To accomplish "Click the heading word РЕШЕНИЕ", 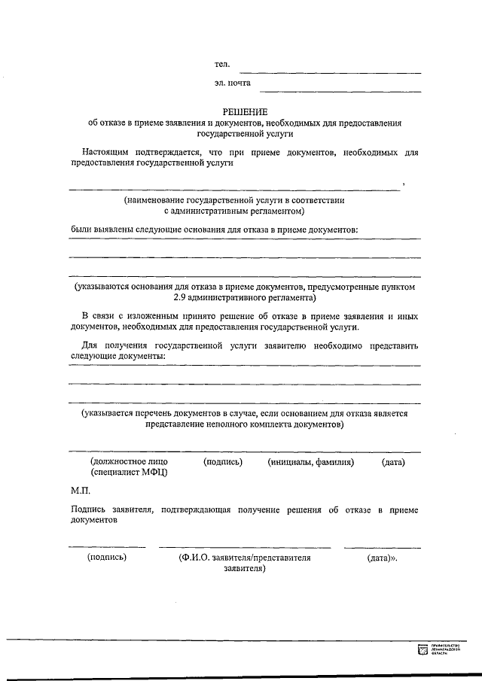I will tap(245, 111).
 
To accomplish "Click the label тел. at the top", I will tap(221, 66).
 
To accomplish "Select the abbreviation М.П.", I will tap(79, 490).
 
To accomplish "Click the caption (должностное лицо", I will tap(129, 461).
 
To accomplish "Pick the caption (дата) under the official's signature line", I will tap(393, 461).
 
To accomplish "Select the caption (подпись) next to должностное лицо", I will tap(223, 461).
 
